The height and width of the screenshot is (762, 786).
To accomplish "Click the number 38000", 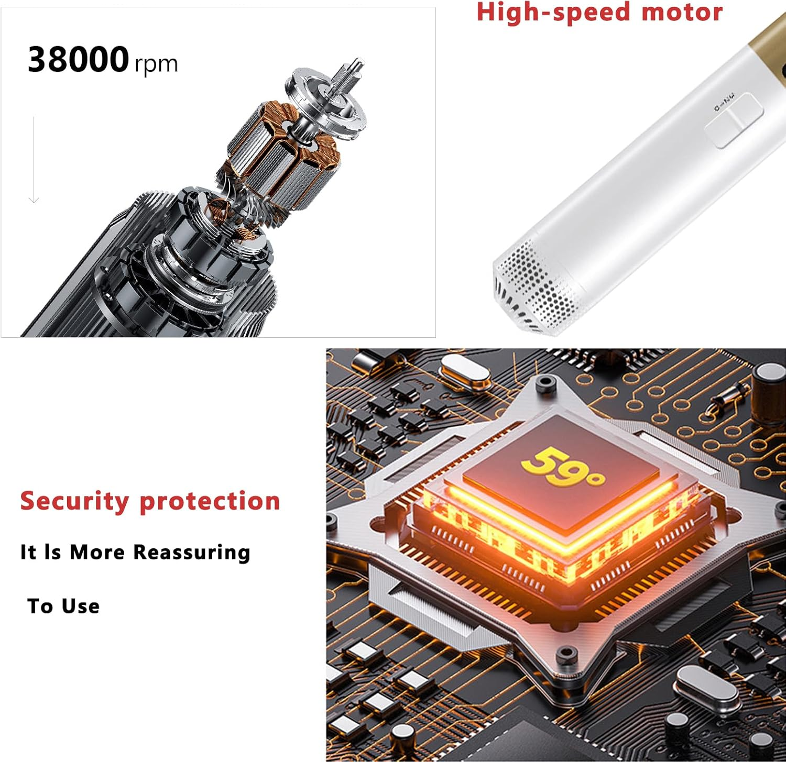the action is point(78,59).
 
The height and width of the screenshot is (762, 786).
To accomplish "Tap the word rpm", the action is point(156,64).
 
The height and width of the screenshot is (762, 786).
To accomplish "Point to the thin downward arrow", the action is point(34,160).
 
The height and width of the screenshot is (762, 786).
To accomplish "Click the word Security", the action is point(74,502).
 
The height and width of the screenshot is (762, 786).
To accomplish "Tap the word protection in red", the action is point(210,502).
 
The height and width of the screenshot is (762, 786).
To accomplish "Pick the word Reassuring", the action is point(191,553).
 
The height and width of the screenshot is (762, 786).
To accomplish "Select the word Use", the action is point(81,606).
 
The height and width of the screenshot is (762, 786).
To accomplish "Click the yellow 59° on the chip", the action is point(562,466).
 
